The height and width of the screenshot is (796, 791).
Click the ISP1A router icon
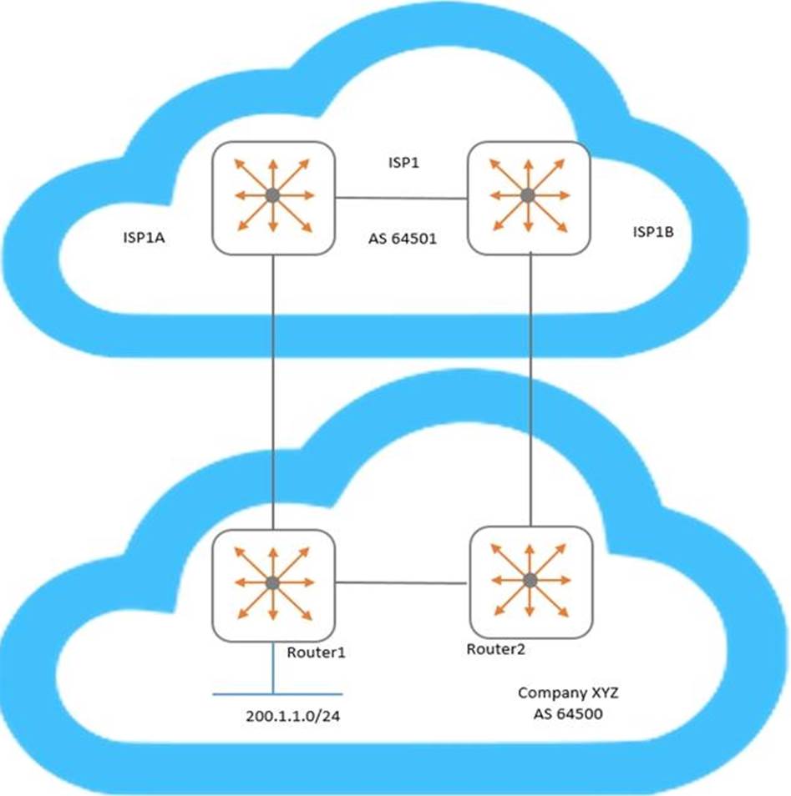point(273,196)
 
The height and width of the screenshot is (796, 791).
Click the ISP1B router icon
point(528,196)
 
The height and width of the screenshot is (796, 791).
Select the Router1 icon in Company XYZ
point(273,582)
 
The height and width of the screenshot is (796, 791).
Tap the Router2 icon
point(530,581)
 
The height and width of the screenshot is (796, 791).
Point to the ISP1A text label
point(145,239)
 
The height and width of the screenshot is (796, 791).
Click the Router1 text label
point(316,652)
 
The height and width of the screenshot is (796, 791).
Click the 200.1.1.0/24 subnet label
point(287,717)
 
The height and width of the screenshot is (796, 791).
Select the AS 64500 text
point(560,714)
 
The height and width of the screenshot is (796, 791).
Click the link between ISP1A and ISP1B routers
point(401,198)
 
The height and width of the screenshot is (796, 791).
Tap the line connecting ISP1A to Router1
point(274,392)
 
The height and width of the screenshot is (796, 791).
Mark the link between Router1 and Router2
point(402,582)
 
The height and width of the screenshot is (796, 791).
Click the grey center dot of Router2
point(530,581)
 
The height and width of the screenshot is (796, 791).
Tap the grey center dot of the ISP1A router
point(273,196)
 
